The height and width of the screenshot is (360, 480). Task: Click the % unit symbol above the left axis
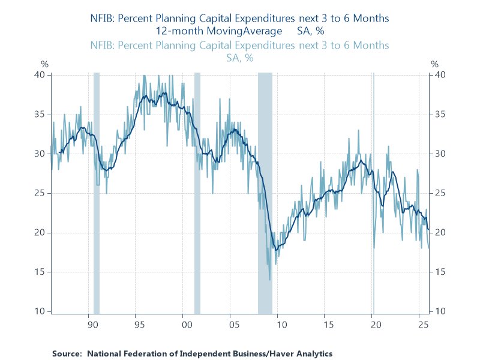pyautogui.click(x=44, y=64)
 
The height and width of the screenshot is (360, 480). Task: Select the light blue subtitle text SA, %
pyautogui.click(x=239, y=58)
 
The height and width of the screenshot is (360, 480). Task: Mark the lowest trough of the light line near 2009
pyautogui.click(x=270, y=280)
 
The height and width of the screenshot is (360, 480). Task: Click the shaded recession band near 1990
pyautogui.click(x=96, y=192)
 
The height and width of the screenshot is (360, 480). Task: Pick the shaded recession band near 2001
pyautogui.click(x=197, y=192)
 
